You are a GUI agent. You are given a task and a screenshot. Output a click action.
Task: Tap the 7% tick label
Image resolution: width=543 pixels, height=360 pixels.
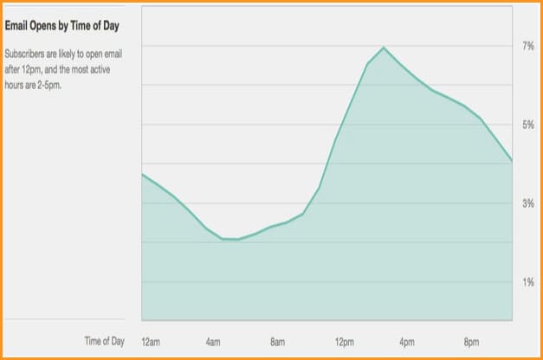527,45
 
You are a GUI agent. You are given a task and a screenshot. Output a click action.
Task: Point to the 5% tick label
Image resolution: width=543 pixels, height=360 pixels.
527,125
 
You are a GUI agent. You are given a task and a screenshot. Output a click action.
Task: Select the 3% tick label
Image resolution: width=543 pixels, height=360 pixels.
527,203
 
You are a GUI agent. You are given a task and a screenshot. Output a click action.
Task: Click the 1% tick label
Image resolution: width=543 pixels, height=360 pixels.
527,282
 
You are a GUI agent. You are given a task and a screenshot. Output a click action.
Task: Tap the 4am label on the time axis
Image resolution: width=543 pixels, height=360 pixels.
213,341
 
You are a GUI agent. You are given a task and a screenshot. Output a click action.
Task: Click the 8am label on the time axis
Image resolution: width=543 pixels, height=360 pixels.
278,341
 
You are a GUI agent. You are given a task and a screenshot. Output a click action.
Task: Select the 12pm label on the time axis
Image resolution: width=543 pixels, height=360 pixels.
344,341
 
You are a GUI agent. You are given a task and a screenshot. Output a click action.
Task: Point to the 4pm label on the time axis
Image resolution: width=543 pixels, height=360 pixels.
408,341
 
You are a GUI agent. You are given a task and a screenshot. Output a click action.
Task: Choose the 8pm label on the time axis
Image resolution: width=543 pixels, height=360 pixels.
472,341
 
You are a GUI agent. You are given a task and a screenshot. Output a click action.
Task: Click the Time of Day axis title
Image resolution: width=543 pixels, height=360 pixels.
104,341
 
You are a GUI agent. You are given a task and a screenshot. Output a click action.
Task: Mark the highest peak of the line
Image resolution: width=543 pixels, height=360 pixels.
384,48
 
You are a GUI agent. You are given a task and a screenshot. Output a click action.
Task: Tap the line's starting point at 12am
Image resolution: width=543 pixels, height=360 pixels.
143,174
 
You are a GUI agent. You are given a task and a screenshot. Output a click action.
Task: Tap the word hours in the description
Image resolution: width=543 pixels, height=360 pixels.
14,87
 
